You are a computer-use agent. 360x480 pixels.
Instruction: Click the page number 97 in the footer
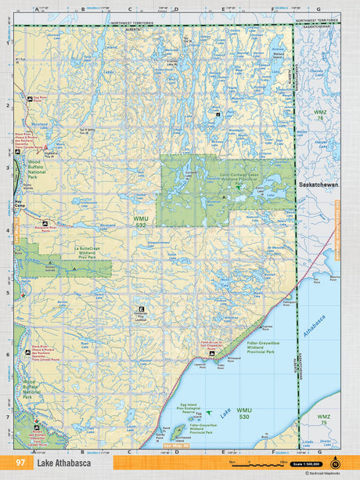click(x=20, y=464)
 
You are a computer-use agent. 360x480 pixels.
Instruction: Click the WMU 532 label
click(x=141, y=222)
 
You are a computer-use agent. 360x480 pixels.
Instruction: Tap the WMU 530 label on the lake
click(x=245, y=411)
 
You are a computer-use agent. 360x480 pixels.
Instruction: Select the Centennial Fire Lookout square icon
click(x=142, y=309)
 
